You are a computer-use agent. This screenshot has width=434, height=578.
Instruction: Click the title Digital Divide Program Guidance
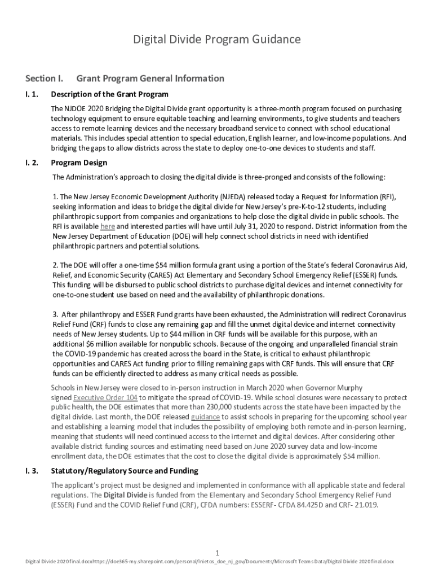click(216, 40)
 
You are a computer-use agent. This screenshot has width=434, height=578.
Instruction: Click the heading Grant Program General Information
click(150, 78)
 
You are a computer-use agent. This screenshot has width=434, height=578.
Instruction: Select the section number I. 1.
click(32, 94)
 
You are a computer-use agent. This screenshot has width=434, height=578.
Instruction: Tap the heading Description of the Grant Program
click(109, 94)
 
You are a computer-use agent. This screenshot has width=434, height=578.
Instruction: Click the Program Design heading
click(79, 163)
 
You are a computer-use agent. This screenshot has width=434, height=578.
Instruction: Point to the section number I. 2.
click(32, 163)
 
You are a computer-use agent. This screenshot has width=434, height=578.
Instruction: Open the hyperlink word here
click(108, 226)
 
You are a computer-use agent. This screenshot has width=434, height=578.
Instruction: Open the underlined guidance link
click(205, 417)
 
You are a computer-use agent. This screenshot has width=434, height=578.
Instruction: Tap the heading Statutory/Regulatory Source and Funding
click(125, 471)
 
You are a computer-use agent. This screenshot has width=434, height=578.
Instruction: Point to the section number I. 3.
click(32, 471)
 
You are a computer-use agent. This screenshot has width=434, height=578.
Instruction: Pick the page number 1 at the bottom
click(217, 552)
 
